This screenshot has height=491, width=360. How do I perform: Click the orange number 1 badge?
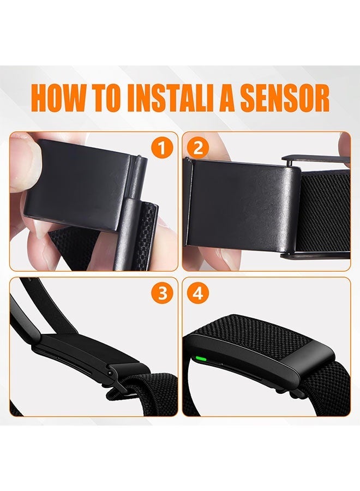coord(162,148)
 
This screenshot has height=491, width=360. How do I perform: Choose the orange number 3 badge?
coord(162,294)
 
